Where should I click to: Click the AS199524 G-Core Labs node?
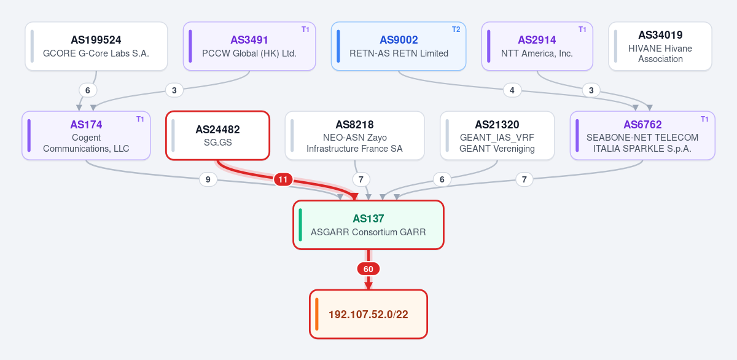coord(96,46)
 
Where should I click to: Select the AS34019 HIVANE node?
coord(660,46)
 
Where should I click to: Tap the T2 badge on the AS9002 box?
coord(456,29)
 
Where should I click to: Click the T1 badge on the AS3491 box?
coord(305,29)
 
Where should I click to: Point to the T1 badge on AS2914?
coord(582,29)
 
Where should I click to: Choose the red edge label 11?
coord(283,179)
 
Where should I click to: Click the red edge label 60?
coord(368,269)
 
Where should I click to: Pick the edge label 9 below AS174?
coord(208,179)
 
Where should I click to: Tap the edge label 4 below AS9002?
coord(512,90)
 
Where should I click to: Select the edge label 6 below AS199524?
coord(87,90)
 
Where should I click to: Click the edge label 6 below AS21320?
coord(442,179)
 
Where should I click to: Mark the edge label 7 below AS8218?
coord(361,179)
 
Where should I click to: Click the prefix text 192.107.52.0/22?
coord(368,315)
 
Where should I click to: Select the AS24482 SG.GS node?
coord(218,136)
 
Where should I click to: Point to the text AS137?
coord(368,219)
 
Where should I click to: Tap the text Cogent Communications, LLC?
coord(86,143)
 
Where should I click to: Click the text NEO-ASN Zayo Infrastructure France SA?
coord(355,143)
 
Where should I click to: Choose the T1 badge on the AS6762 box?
coord(704,119)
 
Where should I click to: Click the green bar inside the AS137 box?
coord(300,225)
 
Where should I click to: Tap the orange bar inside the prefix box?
coord(316,315)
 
